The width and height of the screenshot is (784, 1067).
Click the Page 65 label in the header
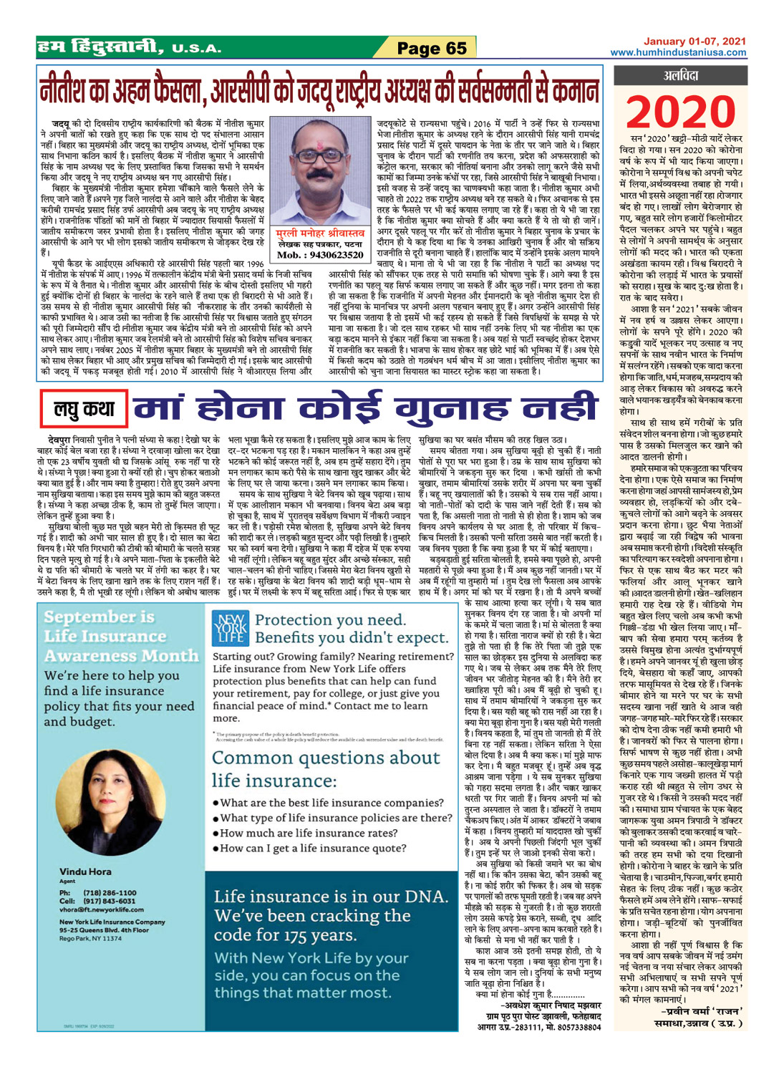click(x=432, y=48)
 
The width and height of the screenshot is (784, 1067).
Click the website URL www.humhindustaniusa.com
click(x=678, y=52)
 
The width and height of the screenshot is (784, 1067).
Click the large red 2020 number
click(x=679, y=111)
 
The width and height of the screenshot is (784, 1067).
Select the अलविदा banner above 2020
click(x=680, y=75)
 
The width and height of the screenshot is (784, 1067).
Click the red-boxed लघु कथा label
click(x=84, y=409)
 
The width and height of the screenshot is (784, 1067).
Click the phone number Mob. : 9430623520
click(x=320, y=255)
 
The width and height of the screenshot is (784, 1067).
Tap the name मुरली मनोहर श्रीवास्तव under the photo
click(x=320, y=233)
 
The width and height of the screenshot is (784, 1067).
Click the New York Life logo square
click(x=231, y=628)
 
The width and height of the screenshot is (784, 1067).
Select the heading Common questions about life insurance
click(x=326, y=768)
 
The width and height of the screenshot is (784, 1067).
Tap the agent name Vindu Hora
click(x=85, y=872)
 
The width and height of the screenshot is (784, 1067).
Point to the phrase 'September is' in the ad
click(x=99, y=617)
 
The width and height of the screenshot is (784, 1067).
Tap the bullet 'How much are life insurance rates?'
click(x=309, y=833)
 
